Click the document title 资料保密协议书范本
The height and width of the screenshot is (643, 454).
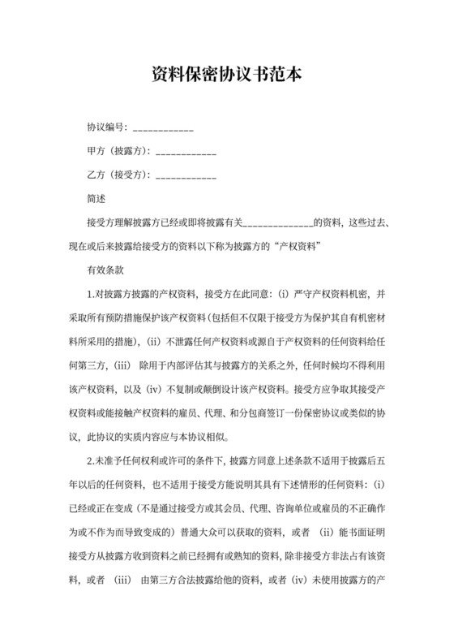tap(227, 76)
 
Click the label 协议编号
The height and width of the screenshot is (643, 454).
tap(105, 127)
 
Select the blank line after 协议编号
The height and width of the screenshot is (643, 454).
tap(162, 130)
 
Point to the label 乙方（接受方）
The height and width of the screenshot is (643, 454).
tap(118, 175)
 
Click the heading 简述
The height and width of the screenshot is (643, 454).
tap(96, 197)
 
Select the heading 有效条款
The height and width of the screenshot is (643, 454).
tap(105, 268)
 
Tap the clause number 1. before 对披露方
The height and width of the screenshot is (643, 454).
tap(91, 292)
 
